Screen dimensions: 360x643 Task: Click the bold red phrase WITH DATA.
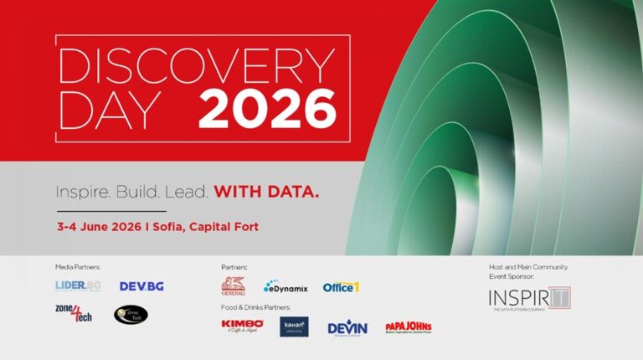click(266, 192)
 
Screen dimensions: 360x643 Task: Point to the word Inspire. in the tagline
click(82, 192)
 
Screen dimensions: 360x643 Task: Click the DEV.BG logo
click(141, 286)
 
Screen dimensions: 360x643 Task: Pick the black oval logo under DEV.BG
click(131, 315)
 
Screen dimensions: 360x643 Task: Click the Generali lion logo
click(234, 285)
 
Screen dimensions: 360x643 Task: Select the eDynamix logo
click(285, 287)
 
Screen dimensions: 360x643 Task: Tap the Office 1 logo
click(341, 287)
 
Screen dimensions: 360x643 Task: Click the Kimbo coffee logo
click(242, 325)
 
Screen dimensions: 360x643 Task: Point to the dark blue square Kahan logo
click(294, 326)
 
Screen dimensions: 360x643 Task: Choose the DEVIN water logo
click(347, 327)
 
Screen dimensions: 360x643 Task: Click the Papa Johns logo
click(408, 327)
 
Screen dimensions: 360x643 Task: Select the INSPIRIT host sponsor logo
click(528, 299)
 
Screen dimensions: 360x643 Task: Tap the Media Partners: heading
click(78, 266)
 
